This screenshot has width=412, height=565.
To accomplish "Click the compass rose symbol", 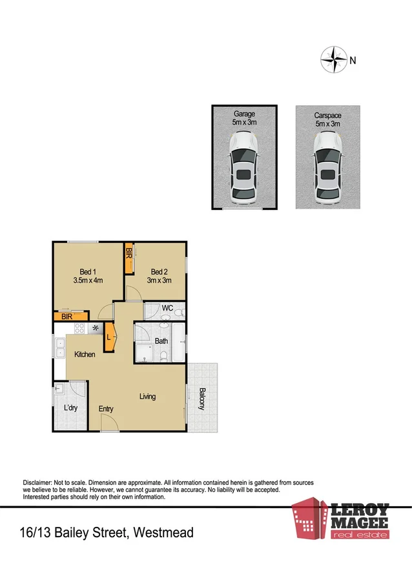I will (x=333, y=59).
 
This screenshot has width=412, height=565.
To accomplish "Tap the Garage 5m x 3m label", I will (x=244, y=118).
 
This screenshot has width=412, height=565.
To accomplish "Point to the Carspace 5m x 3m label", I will (x=327, y=118).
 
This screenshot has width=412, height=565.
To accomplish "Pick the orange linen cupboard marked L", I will (x=109, y=336).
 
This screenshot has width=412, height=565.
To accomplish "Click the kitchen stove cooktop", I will (x=81, y=329).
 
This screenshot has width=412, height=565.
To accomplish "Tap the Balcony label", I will (x=201, y=398).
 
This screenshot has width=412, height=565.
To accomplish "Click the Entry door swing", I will (x=109, y=423).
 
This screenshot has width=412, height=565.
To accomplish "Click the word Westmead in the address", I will (x=163, y=533).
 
